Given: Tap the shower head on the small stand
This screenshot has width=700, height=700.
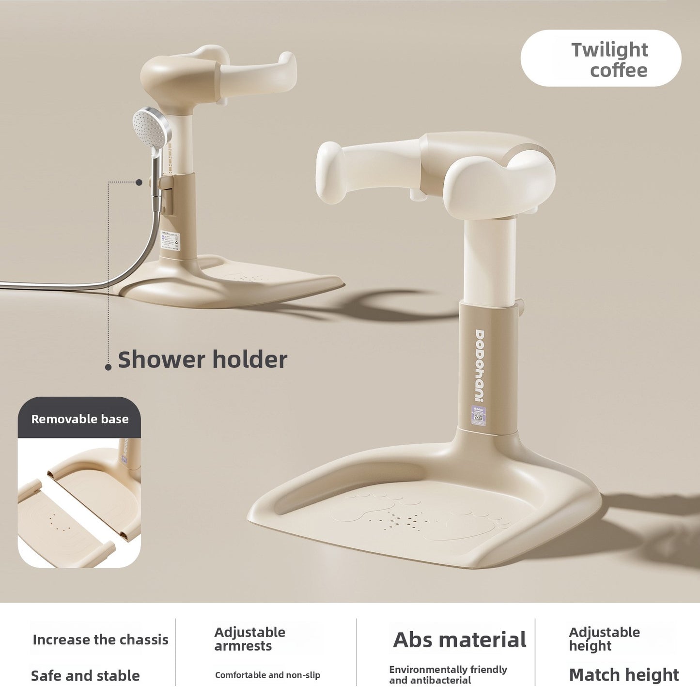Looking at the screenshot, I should coord(152,125).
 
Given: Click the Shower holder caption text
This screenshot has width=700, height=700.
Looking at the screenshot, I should coord(202,360).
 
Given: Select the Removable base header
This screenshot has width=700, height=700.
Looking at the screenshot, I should coord(79,419).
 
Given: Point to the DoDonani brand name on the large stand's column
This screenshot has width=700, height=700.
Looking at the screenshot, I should coord(480,366).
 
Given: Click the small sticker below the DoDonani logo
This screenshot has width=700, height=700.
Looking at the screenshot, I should coord(479,416).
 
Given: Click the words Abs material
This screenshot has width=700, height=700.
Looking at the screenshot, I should coord(459,640).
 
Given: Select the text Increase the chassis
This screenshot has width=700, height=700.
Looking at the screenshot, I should coord(100,640).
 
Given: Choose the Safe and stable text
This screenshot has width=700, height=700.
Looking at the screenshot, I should coord(85,676).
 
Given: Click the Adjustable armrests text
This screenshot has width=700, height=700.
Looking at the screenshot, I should coord(249,639).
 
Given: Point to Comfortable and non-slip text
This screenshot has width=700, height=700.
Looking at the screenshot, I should coord(267,675).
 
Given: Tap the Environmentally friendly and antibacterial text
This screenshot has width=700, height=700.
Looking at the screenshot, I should coord(448,675).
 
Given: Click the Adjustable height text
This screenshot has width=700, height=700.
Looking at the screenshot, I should coord(604,639).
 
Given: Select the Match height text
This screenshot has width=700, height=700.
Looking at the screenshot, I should coord(624,675).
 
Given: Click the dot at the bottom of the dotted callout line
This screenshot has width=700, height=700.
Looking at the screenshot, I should coord(108,367).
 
